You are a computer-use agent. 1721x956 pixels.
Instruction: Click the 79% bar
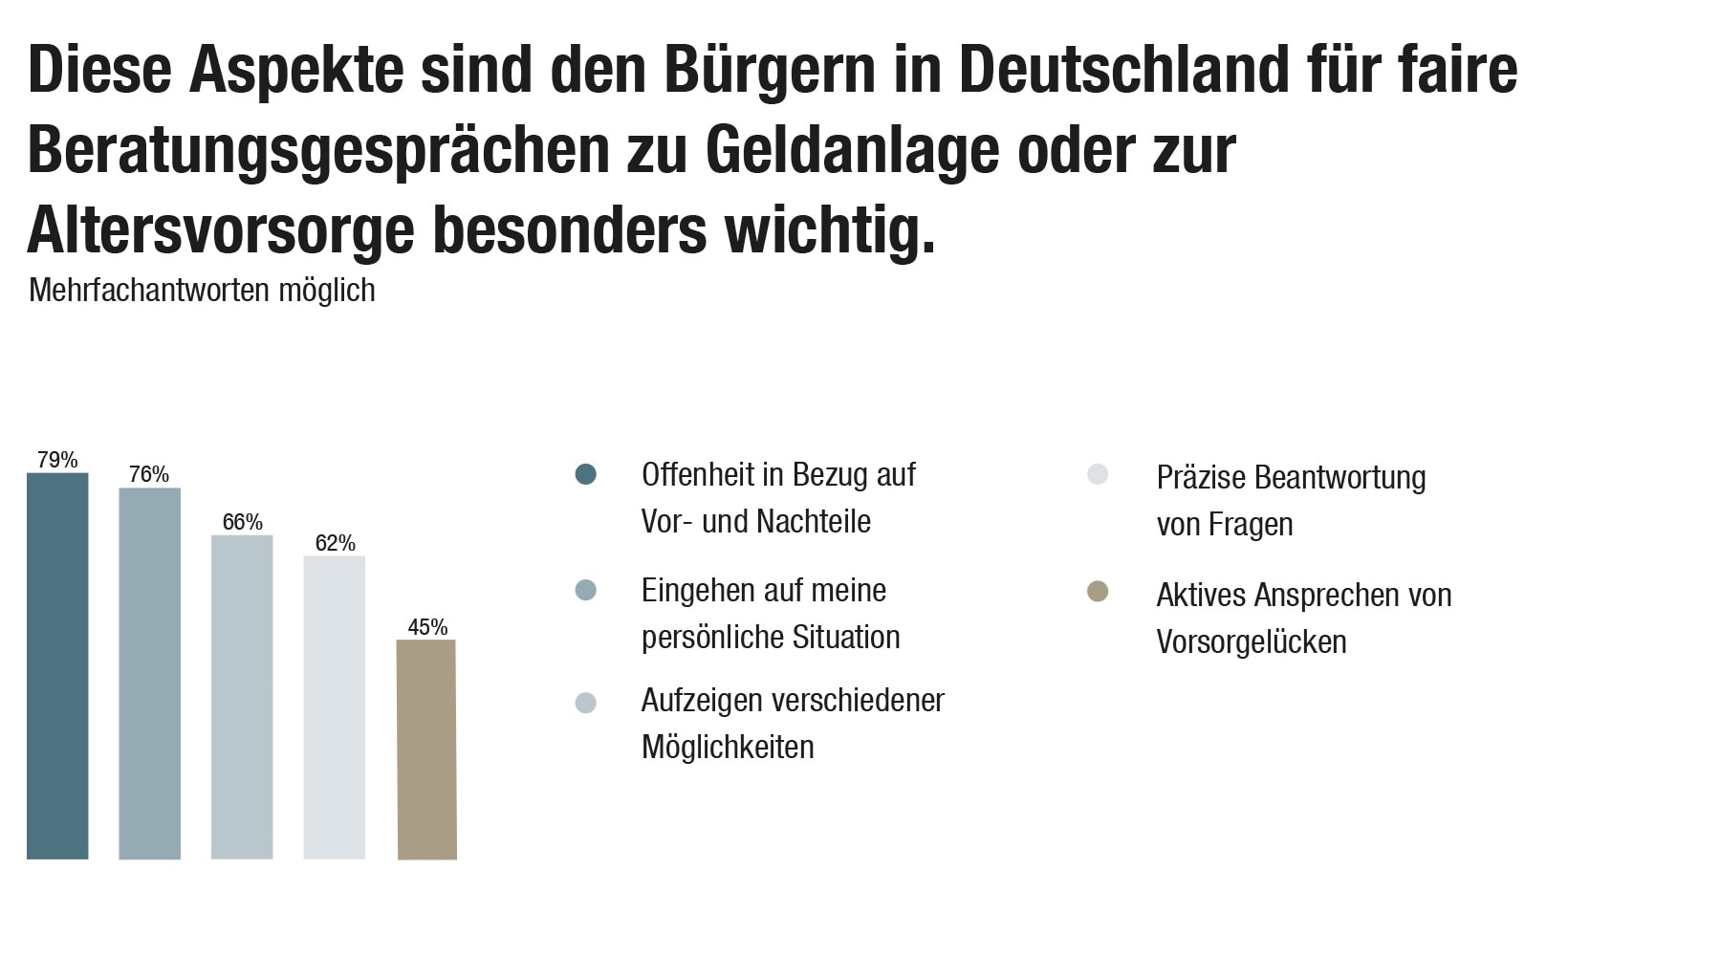pos(57,665)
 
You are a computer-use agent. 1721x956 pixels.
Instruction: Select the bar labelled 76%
pos(149,673)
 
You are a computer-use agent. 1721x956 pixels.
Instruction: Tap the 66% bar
pos(242,697)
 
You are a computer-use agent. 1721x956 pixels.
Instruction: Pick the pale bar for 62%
pos(335,707)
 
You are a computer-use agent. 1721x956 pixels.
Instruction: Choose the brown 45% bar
pos(426,750)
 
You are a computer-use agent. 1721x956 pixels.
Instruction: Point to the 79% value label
pos(57,460)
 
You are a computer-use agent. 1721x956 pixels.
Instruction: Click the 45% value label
pos(427,627)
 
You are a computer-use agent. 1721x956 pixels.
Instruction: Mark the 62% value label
pos(335,543)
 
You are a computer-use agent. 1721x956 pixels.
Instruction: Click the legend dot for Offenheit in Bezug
pos(586,474)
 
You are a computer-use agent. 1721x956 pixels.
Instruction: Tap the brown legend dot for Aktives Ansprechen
pos(1098,592)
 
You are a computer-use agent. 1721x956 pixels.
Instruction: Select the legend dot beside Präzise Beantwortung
pos(1098,474)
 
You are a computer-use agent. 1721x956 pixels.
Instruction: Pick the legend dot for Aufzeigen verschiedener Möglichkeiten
pos(586,703)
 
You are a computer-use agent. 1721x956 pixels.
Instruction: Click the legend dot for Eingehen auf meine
pos(586,591)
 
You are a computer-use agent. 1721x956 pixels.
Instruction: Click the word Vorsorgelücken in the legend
pos(1251,642)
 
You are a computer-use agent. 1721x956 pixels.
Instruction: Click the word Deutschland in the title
pos(1123,70)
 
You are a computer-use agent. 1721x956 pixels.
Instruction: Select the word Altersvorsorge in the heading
pos(222,230)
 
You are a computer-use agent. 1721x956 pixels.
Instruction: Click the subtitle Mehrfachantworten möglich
pos(202,290)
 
